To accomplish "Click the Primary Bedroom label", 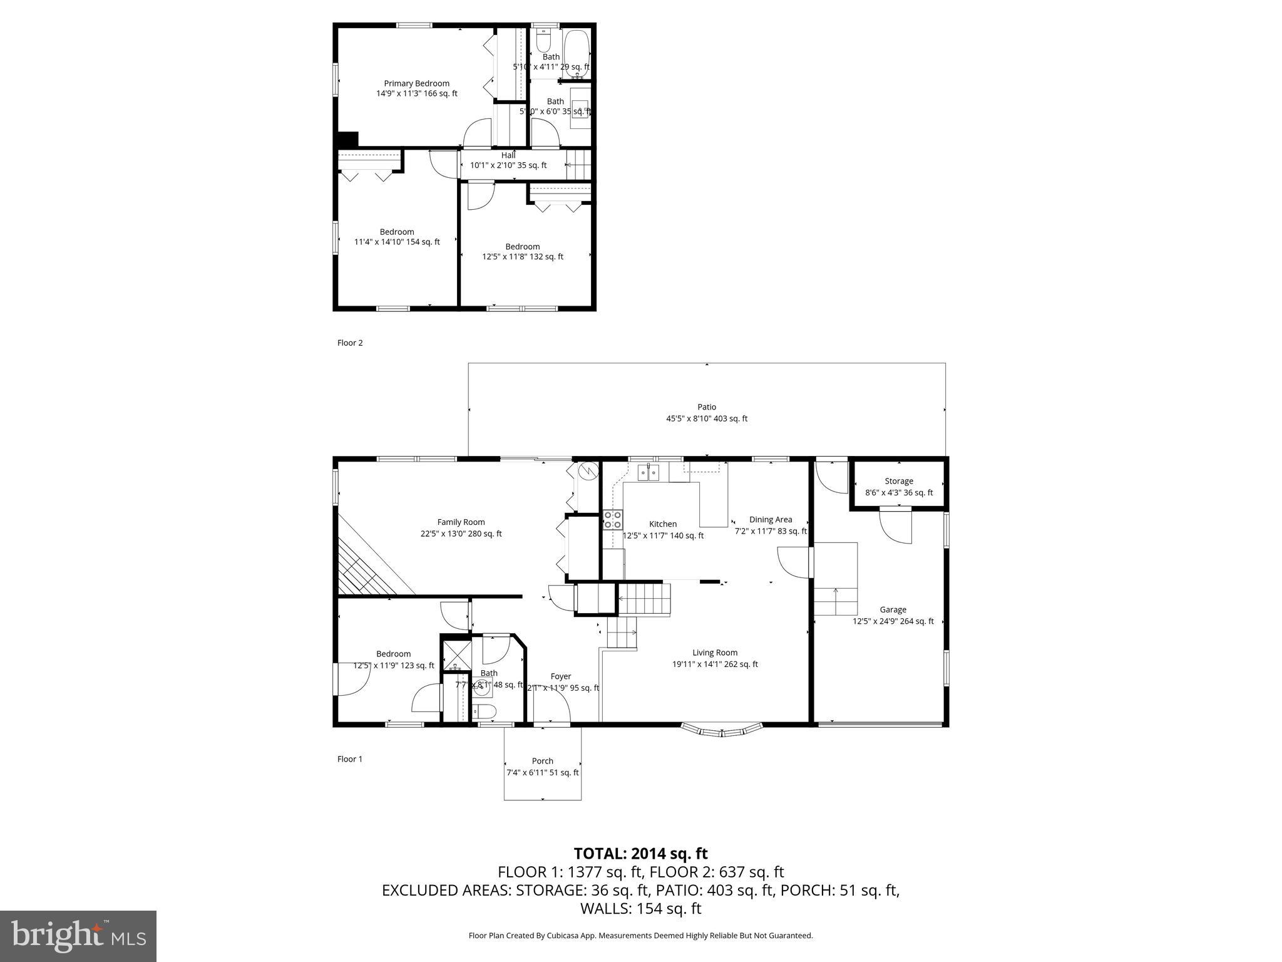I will click(416, 83).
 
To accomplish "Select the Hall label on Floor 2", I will click(508, 155).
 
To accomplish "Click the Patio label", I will click(707, 407).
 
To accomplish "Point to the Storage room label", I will click(899, 481).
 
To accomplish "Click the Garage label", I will click(893, 609).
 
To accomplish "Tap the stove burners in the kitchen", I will click(613, 519).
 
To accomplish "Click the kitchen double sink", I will click(647, 472).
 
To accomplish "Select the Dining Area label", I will click(771, 519).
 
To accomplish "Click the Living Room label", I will click(715, 653).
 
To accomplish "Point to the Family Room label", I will click(461, 522).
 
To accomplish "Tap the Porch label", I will click(542, 761).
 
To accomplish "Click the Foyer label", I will click(561, 676).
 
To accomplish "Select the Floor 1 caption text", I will click(350, 759).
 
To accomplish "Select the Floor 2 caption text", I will click(350, 343).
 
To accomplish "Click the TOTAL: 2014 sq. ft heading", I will click(640, 854).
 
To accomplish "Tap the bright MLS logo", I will click(78, 936).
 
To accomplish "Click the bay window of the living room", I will click(722, 730).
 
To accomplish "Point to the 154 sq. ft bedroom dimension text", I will click(397, 242).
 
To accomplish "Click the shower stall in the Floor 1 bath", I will click(456, 654).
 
